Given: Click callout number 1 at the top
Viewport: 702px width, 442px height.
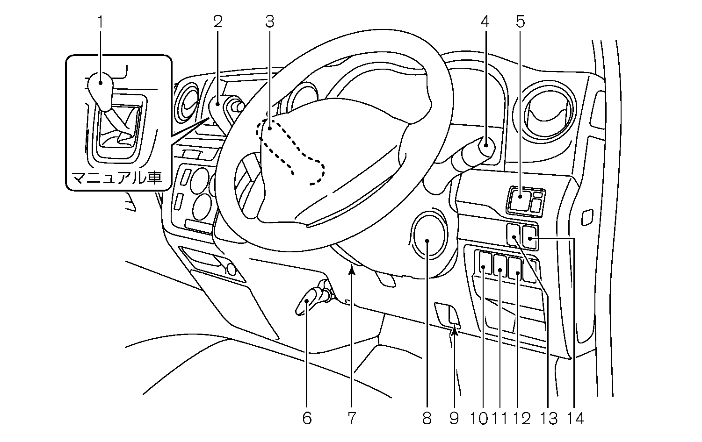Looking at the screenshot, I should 100,21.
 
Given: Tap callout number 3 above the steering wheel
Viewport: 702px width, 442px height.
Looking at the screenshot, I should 269,21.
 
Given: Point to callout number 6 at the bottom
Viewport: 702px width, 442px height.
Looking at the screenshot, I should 306,418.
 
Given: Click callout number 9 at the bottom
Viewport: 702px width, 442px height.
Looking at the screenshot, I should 454,418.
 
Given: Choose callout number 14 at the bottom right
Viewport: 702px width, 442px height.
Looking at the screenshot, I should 576,418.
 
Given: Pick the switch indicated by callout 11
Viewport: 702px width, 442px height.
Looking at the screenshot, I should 500,267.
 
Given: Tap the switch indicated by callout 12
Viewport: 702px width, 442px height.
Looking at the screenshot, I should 515,268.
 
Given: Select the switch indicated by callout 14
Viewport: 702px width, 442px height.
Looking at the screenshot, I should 530,236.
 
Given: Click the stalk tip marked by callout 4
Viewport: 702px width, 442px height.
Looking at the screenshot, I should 486,144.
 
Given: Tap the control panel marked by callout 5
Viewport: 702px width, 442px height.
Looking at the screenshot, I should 521,200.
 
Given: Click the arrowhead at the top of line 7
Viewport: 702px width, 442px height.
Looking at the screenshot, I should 352,268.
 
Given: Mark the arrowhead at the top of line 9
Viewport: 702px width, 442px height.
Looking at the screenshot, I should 454,332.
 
